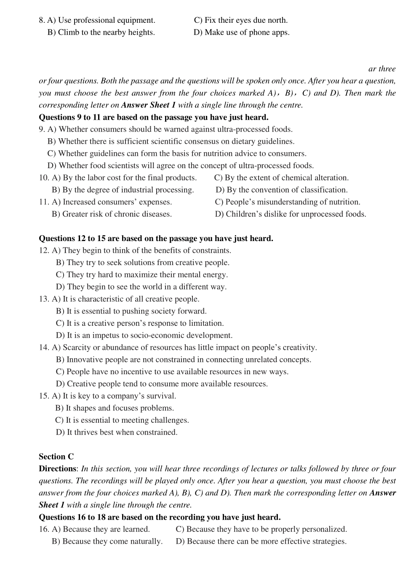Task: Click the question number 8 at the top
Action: point(41,20)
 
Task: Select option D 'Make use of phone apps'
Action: point(241,32)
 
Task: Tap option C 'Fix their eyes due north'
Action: point(241,20)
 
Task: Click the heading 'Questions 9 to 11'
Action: point(153,117)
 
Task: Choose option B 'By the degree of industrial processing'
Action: point(123,190)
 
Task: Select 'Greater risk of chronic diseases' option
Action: point(112,214)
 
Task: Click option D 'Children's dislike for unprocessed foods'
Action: point(291,214)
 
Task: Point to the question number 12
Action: point(44,251)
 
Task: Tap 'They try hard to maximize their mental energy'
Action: point(142,275)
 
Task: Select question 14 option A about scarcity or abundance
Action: point(184,348)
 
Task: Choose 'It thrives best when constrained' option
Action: point(117,432)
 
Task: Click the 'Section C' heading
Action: point(56,456)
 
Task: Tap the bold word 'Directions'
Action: point(57,469)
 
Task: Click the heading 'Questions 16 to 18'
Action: point(159,517)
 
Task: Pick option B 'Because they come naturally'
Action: point(107,542)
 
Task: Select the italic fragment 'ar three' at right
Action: point(382,69)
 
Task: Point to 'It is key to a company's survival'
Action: point(114,396)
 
